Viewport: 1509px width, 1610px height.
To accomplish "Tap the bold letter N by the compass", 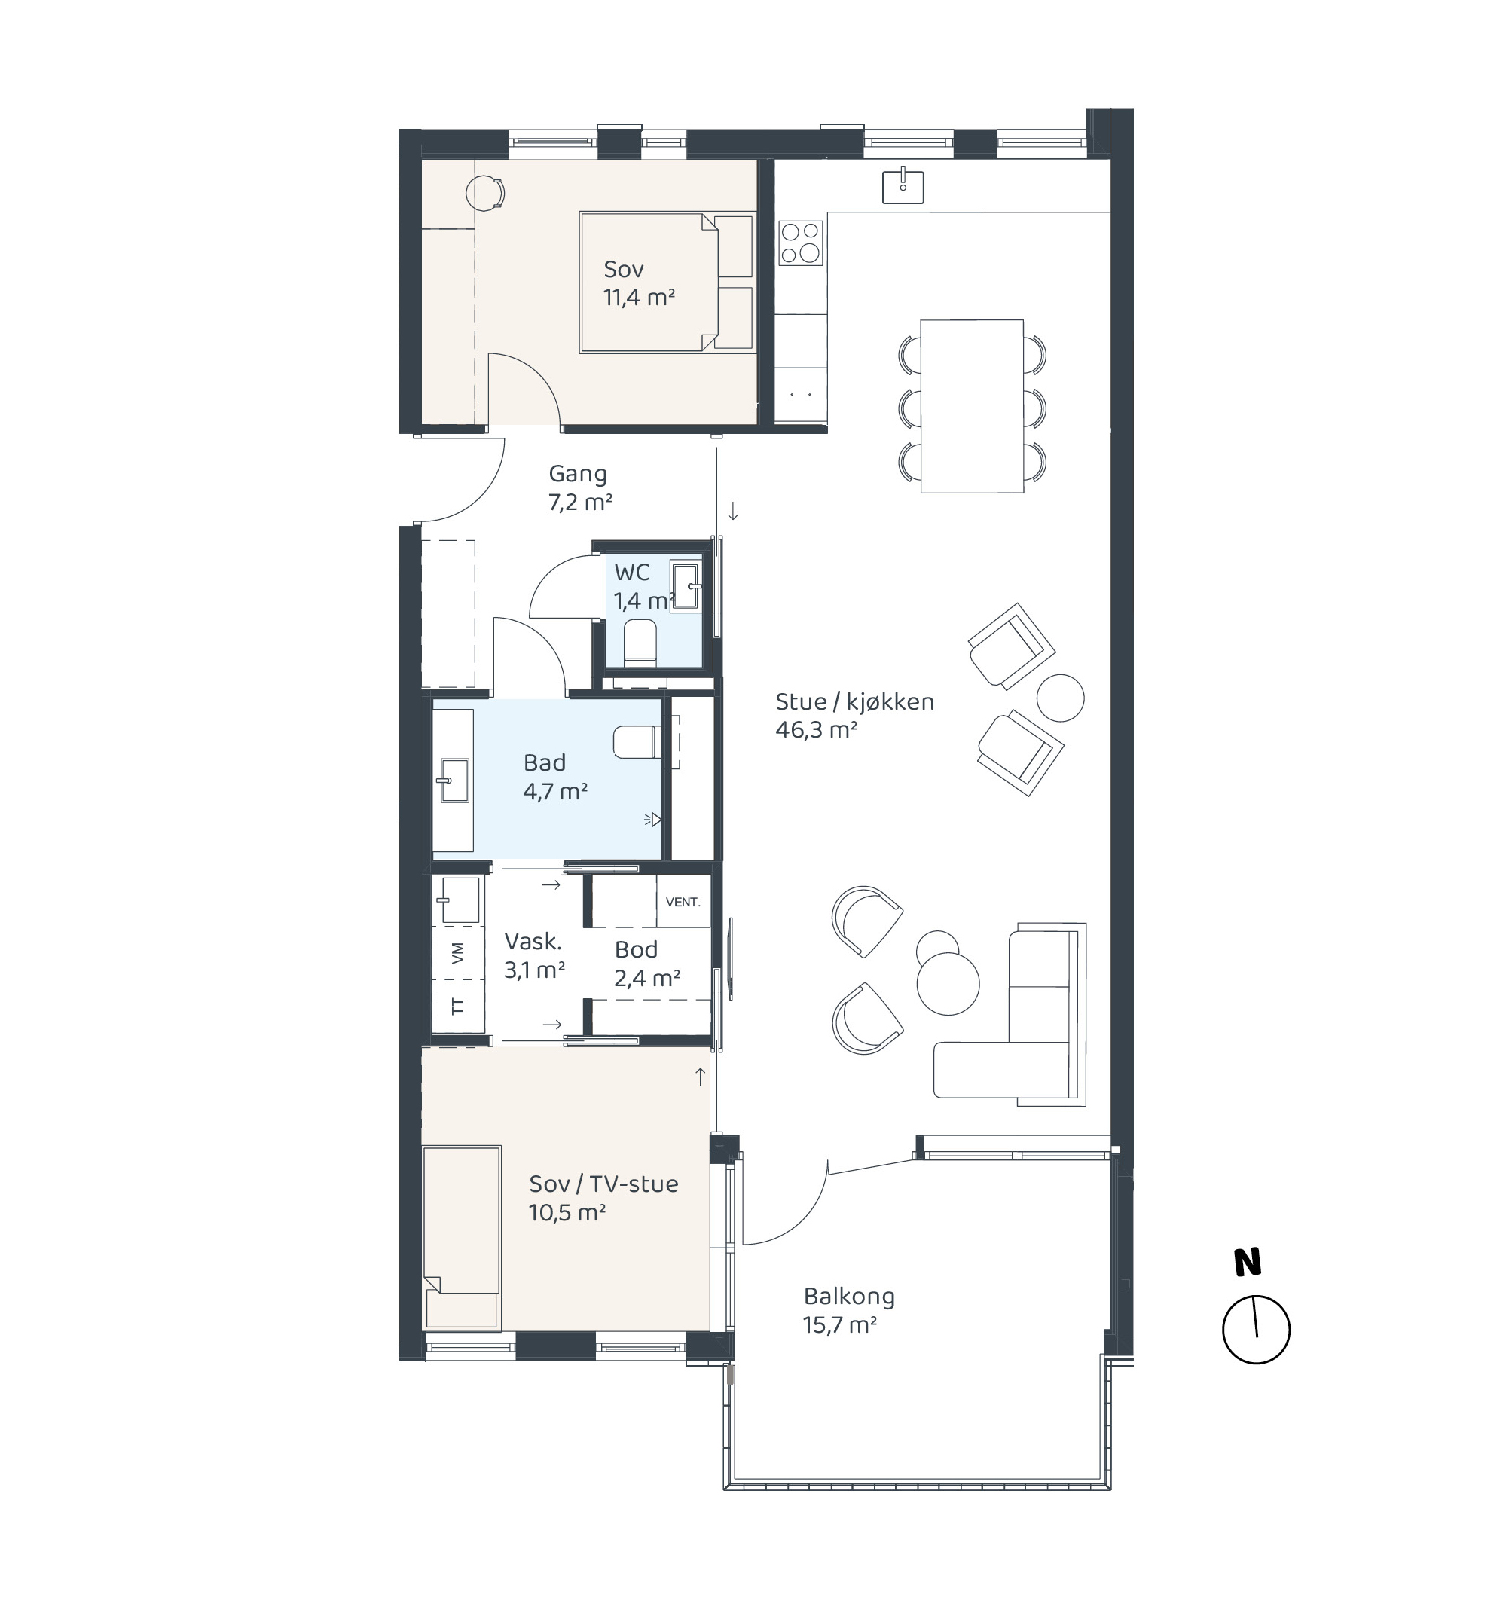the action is (x=1248, y=1263).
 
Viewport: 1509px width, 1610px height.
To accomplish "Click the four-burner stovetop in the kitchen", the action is (x=800, y=243).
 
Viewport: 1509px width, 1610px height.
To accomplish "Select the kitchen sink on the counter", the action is (x=903, y=185).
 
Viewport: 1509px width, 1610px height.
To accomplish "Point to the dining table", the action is (x=972, y=406).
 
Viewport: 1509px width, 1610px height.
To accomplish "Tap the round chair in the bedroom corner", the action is (x=486, y=194).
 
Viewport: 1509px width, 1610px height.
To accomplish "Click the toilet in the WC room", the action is (x=640, y=642).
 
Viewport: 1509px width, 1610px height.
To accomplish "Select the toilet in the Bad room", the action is (x=637, y=742).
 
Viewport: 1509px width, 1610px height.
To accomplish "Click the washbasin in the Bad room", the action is (x=454, y=780).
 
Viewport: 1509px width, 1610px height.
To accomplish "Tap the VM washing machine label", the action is (x=457, y=953).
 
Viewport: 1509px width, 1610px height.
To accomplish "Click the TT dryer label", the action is (x=457, y=1006).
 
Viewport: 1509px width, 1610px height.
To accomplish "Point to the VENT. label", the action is (x=683, y=902).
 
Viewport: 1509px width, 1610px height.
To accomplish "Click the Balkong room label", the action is (x=849, y=1297).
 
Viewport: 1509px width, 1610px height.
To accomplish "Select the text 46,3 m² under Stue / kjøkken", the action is (x=817, y=730).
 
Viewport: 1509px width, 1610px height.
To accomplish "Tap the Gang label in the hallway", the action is (x=578, y=475).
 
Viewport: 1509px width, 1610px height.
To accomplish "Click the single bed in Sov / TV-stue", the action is (x=461, y=1236).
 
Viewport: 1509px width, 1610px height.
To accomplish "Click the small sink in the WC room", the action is (x=686, y=586).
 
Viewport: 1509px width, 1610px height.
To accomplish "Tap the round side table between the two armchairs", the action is (x=1060, y=698).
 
